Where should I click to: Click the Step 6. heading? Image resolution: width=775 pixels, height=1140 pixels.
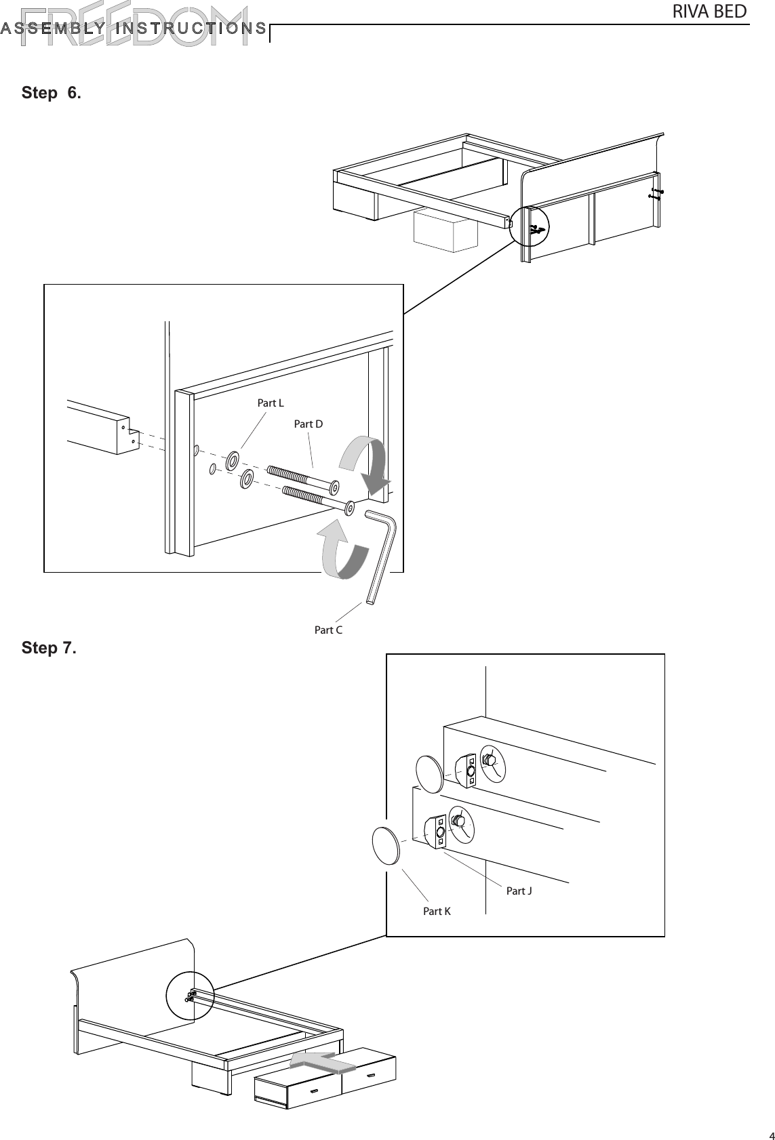(x=51, y=93)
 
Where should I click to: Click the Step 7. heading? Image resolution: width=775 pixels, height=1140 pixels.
(x=49, y=648)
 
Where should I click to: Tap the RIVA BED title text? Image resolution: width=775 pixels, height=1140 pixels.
(x=709, y=12)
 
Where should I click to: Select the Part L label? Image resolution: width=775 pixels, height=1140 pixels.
(x=271, y=403)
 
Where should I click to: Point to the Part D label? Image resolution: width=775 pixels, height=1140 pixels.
(x=308, y=424)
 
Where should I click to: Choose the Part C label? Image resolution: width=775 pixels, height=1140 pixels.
(x=328, y=630)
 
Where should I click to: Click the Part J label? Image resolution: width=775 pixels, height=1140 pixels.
(x=519, y=891)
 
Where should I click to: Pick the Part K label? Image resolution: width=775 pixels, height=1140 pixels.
(x=437, y=912)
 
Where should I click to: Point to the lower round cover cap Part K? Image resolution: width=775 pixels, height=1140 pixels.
(x=386, y=845)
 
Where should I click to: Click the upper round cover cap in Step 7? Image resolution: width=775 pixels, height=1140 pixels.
(x=430, y=773)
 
